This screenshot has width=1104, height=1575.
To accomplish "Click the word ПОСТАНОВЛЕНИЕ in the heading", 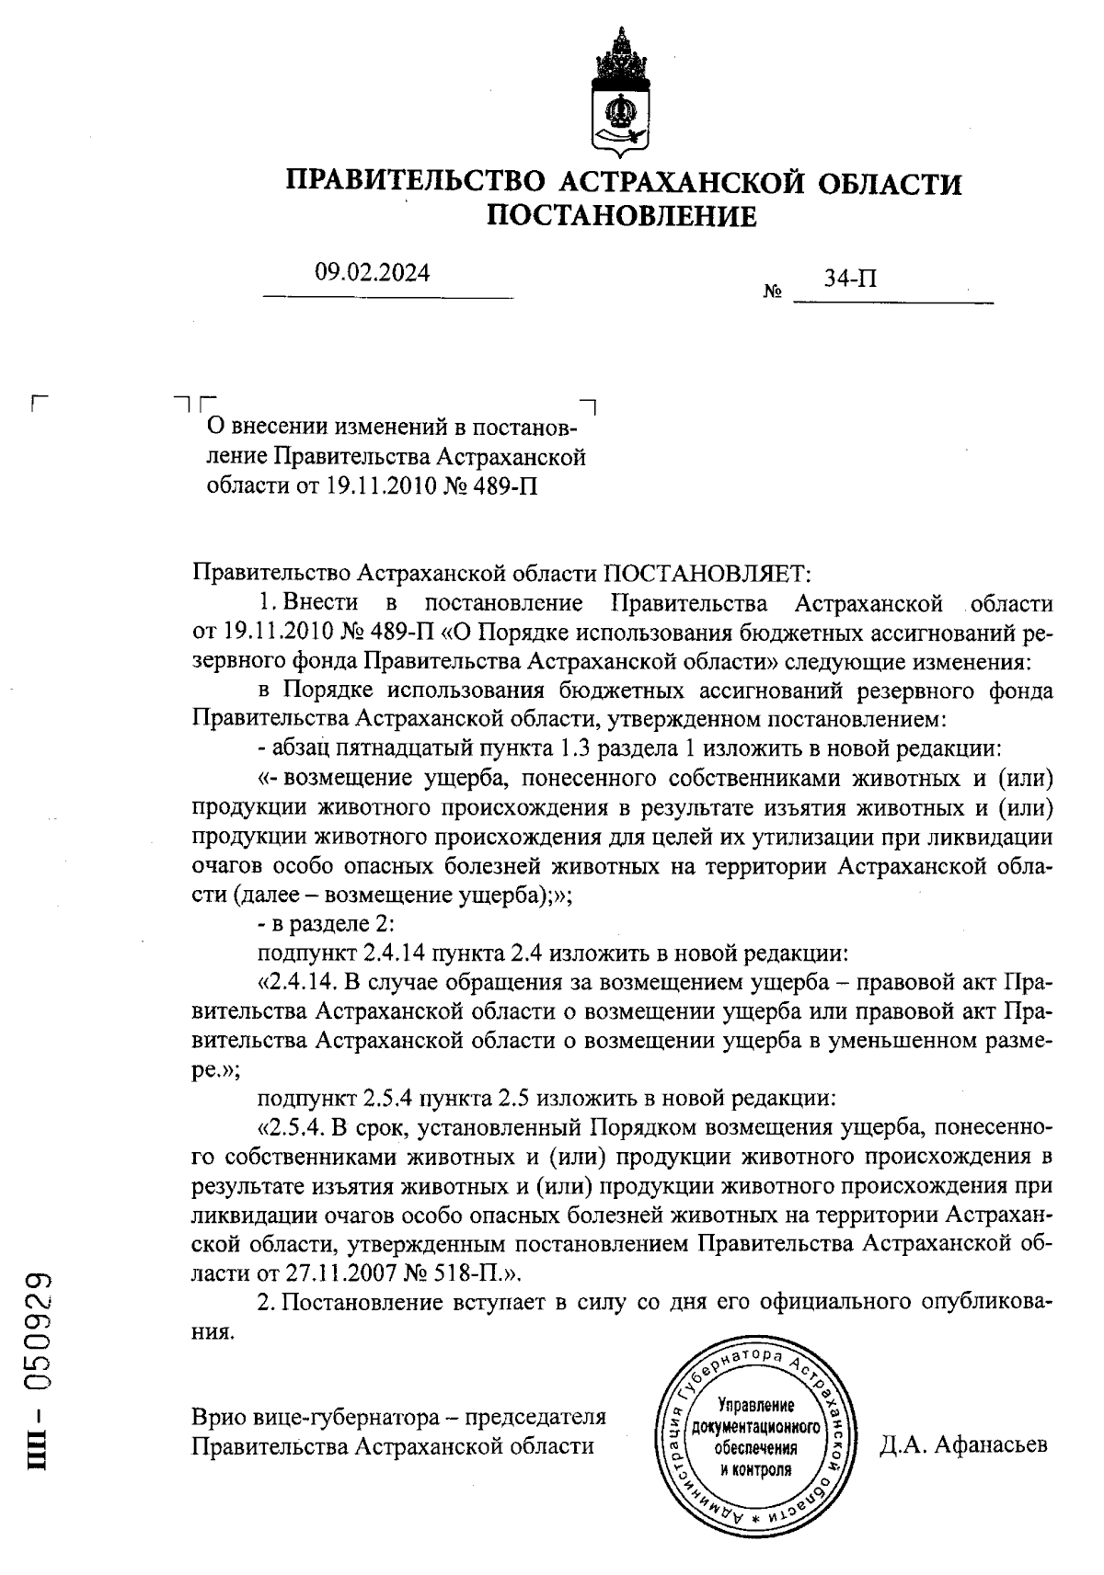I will point(621,217).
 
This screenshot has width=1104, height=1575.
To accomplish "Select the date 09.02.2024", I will point(373,272).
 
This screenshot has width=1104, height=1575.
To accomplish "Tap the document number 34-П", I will point(849,278).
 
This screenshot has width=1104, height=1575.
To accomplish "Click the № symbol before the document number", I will point(773,293).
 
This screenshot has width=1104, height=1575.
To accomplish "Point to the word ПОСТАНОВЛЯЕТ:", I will point(707,574).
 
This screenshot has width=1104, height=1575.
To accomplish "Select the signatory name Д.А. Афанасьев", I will point(963,1444).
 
